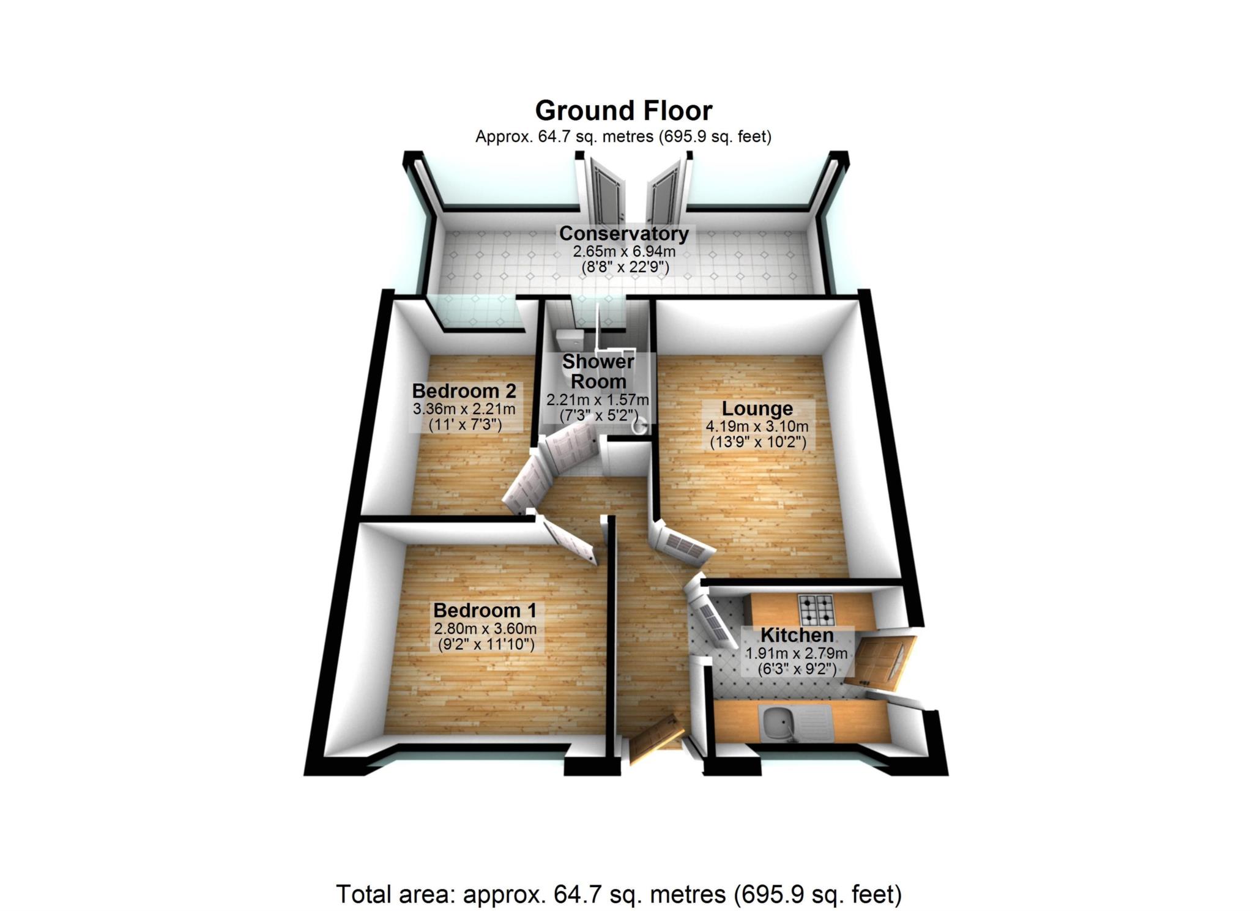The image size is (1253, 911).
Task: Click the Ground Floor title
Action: (x=623, y=111)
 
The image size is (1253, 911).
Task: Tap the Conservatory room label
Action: (x=623, y=234)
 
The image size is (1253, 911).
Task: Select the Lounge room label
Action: (x=757, y=409)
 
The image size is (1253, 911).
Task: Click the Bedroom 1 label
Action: (x=485, y=611)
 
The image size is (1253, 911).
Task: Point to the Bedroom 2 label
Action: (x=464, y=391)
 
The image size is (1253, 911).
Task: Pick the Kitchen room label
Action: (x=797, y=635)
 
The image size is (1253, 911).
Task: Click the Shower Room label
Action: (x=598, y=371)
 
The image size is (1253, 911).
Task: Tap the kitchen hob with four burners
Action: (x=817, y=608)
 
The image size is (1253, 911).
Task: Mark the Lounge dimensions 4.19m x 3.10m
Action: (x=757, y=426)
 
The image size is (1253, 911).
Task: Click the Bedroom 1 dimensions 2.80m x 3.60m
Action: (x=485, y=628)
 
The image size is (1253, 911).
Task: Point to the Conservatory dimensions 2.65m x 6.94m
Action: (x=623, y=251)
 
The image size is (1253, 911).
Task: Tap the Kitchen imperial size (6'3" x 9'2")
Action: (x=797, y=669)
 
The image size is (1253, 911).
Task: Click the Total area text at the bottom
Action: (x=619, y=894)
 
